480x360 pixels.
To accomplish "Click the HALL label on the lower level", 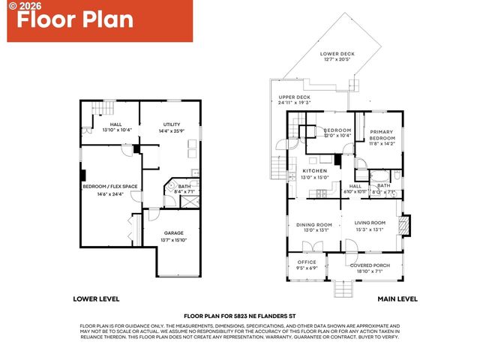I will click(x=115, y=124).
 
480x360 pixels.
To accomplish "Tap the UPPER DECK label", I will click(x=294, y=97).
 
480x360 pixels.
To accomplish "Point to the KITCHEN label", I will click(x=315, y=172).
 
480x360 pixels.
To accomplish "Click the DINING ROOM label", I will click(x=314, y=225).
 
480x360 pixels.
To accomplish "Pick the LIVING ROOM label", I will click(x=370, y=223).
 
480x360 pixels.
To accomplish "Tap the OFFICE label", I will click(x=307, y=262).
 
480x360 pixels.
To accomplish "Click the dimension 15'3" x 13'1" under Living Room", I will click(x=370, y=230).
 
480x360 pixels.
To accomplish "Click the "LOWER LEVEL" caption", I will click(x=97, y=298).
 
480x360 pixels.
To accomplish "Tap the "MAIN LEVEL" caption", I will click(x=397, y=298).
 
